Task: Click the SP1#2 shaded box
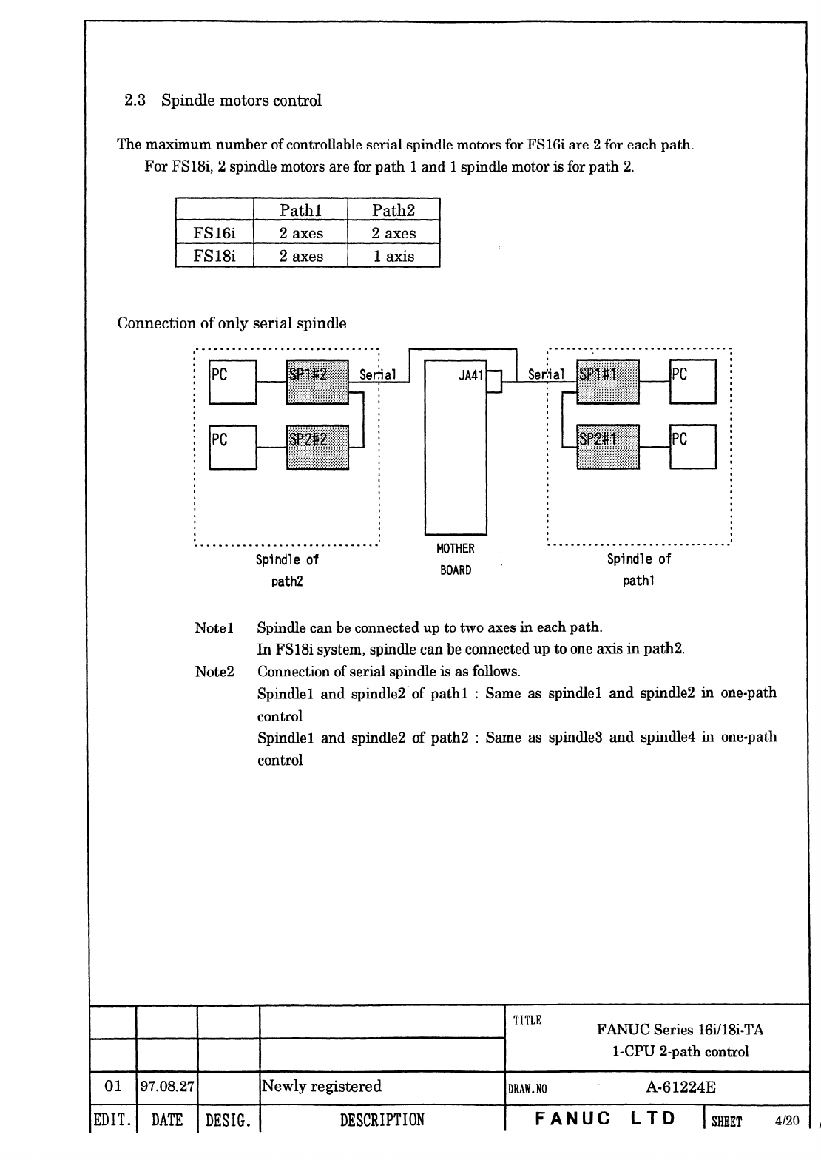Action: pyautogui.click(x=317, y=382)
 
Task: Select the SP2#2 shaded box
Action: pyautogui.click(x=317, y=447)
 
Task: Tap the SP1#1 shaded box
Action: pyautogui.click(x=607, y=382)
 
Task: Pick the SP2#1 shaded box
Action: pyautogui.click(x=607, y=447)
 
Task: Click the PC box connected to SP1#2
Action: pyautogui.click(x=233, y=382)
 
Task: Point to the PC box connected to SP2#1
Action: pyautogui.click(x=692, y=446)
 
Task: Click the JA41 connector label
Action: pyautogui.click(x=470, y=375)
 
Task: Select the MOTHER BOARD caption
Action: pyautogui.click(x=456, y=559)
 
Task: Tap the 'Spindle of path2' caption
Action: pyautogui.click(x=287, y=570)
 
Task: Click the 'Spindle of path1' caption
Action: pyautogui.click(x=638, y=570)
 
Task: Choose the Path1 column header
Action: pyautogui.click(x=300, y=210)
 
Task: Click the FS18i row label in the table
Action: pyautogui.click(x=214, y=257)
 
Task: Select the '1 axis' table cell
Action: pyautogui.click(x=393, y=257)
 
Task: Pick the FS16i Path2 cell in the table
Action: pyautogui.click(x=393, y=234)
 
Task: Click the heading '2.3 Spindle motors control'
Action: pyautogui.click(x=223, y=101)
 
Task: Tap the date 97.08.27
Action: pyautogui.click(x=167, y=1087)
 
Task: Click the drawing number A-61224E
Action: pyautogui.click(x=680, y=1087)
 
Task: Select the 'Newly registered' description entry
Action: pyautogui.click(x=322, y=1087)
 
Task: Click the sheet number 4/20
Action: pyautogui.click(x=787, y=1121)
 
